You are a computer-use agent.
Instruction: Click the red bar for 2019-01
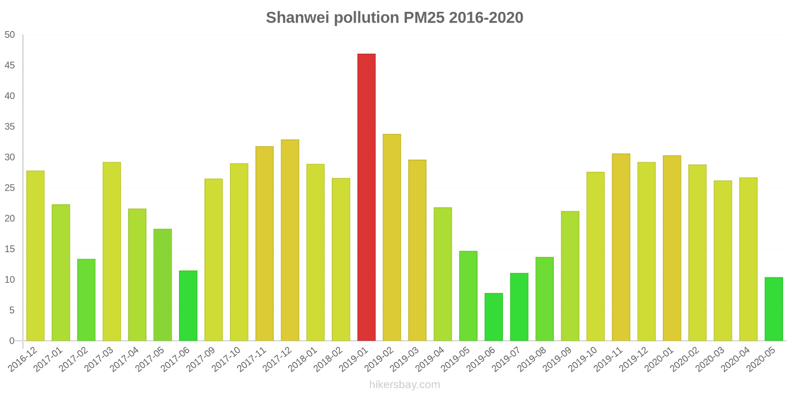[366, 197]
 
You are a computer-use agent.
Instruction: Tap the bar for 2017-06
[188, 305]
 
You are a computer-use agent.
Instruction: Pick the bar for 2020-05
[773, 309]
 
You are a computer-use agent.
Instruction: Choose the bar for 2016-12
[36, 256]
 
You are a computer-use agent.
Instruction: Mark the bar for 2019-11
[621, 247]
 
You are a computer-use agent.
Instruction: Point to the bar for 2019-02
[392, 237]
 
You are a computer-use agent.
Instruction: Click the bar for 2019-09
[570, 276]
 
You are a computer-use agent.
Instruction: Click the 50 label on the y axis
[10, 35]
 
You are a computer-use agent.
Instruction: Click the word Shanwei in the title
[298, 18]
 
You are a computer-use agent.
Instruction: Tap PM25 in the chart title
[424, 18]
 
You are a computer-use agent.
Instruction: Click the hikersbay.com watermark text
[404, 385]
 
